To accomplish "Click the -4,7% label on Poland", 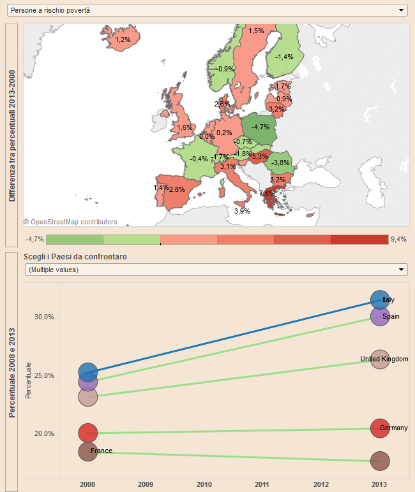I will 260,127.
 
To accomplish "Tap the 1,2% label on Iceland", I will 123,40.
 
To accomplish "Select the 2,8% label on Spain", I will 177,189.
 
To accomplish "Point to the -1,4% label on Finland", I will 284,57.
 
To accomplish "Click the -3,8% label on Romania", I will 280,163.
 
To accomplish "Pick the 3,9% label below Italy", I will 242,210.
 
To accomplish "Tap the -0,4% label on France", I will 199,159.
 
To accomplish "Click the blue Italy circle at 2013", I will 380,300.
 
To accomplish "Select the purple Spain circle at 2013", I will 380,316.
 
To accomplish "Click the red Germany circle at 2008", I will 88,433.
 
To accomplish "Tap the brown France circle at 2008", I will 88,451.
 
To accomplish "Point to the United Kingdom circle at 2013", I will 380,359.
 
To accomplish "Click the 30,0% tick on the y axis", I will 44,317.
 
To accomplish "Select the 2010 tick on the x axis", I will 204,485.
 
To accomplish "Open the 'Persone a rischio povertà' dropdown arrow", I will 401,10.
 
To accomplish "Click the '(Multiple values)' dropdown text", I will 54,270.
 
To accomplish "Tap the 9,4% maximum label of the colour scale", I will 398,240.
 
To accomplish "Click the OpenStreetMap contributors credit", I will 70,222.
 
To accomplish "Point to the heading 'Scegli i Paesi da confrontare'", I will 75,256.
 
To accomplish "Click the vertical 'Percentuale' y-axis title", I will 28,381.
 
